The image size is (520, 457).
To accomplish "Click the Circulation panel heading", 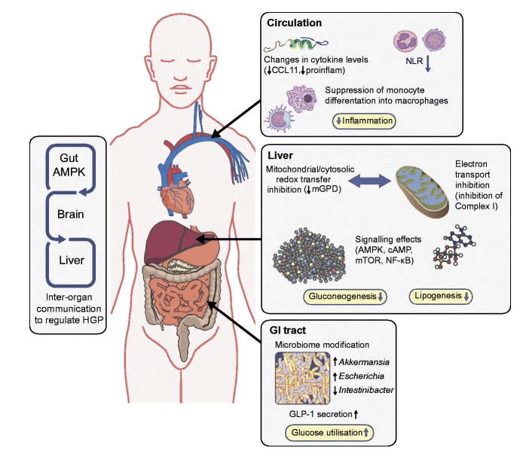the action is coord(294,23).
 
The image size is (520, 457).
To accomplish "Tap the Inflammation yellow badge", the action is coord(364,121).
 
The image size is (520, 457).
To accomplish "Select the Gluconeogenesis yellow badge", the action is coord(345,297).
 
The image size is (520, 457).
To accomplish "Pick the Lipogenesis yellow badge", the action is coord(441,296).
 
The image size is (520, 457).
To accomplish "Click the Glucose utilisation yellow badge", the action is coord(329,432).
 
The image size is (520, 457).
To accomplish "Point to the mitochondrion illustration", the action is coord(423,191).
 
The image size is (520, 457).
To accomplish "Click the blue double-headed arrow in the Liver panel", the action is coord(369,181).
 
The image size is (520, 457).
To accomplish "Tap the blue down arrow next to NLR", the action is coord(428,64).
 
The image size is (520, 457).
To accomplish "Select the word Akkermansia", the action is coord(364,362).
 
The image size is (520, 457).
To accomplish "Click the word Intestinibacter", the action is coord(366,390).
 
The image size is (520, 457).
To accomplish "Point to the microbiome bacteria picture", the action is coord(302,378).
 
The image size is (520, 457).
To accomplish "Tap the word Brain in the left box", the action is coord(70,215).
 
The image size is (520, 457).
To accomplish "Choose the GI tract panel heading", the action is coord(288,330).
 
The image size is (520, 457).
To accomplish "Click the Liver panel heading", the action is coord(280,155).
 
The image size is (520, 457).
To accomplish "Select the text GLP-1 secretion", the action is coord(320,414).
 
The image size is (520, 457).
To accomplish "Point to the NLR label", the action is coord(414,61).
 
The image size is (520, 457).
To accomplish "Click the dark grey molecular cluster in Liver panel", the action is coord(309,255).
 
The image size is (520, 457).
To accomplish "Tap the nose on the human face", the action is coord(180,73).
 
